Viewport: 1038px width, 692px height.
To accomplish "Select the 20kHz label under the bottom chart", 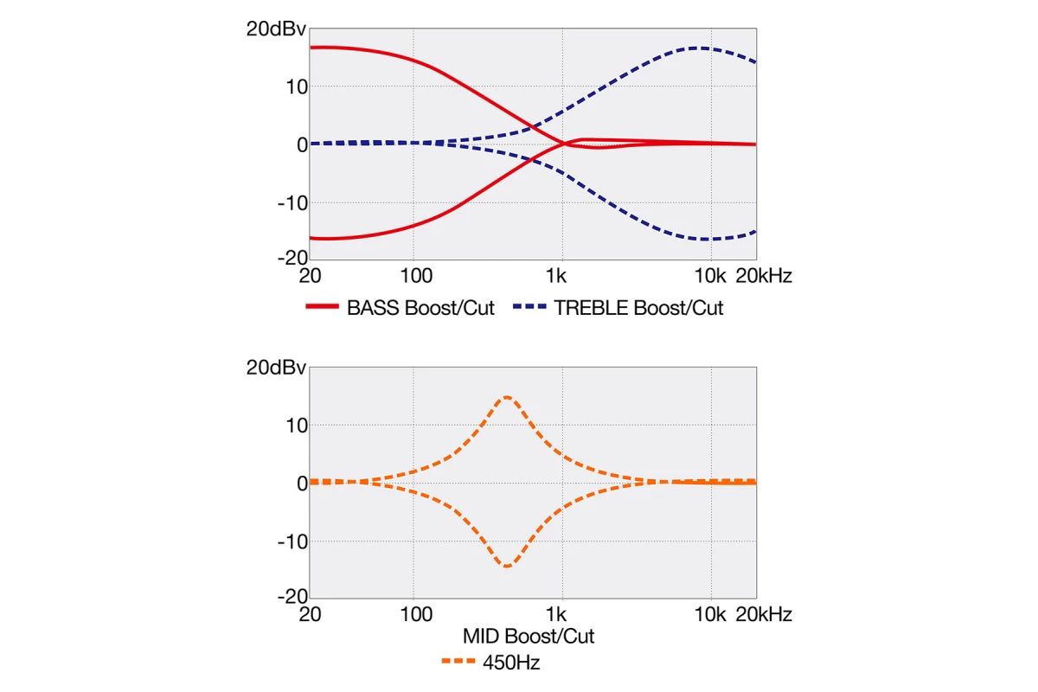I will [x=763, y=615].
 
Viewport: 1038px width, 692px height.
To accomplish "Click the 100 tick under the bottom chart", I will [x=417, y=615].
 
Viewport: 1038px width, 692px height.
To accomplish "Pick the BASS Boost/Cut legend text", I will [x=420, y=308].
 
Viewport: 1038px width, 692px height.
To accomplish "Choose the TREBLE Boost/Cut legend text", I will [x=638, y=308].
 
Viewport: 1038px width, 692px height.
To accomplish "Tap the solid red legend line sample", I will [x=322, y=308].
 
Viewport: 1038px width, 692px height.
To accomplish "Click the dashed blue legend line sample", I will [x=529, y=308].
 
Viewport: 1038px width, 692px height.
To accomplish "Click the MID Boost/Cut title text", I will [x=529, y=637].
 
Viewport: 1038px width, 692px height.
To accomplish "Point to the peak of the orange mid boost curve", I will [x=506, y=397].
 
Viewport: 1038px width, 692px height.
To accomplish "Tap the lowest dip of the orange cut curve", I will [x=506, y=567].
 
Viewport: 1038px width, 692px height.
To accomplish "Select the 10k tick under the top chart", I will [x=711, y=276].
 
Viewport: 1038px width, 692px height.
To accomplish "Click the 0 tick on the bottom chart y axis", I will [x=302, y=483].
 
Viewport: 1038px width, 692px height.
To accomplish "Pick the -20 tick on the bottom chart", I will [x=292, y=597].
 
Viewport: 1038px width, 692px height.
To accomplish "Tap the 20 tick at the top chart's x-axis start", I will [x=311, y=276].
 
